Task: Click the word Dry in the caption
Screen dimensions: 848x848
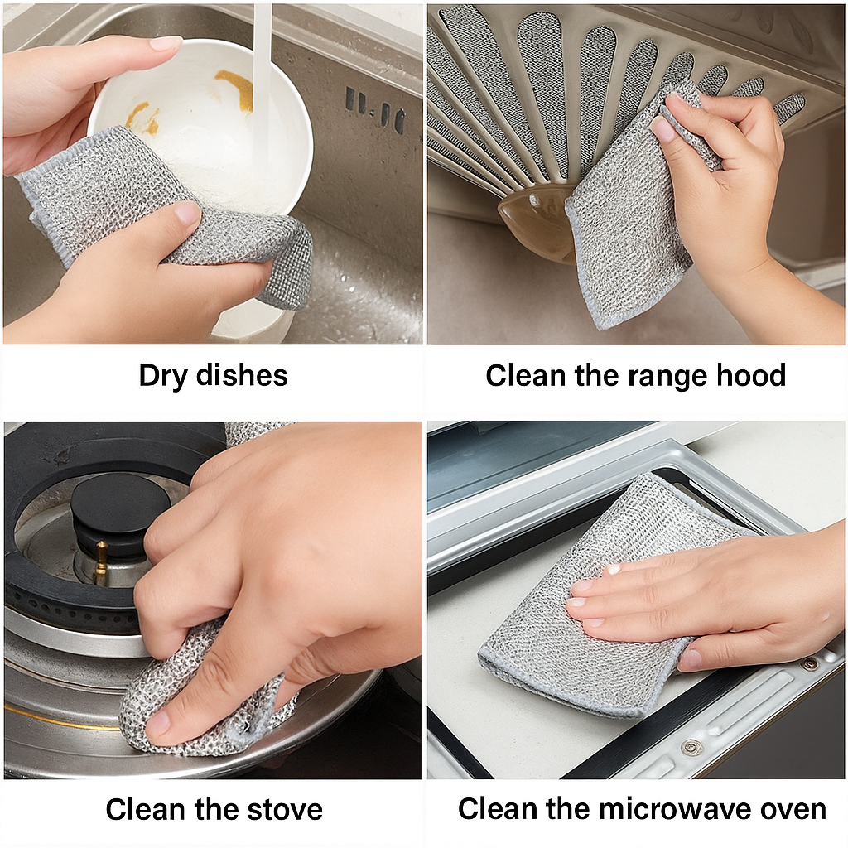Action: pos(163,376)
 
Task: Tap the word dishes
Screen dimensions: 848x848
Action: pos(242,375)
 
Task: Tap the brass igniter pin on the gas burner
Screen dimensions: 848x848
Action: pos(100,563)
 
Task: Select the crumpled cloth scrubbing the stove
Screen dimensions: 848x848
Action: pos(190,704)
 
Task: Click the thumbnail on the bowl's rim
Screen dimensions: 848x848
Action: pos(165,43)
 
